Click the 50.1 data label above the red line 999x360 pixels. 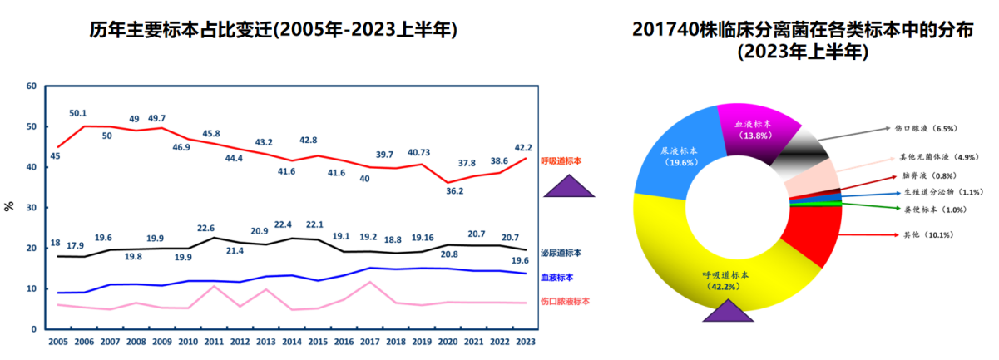point(78,113)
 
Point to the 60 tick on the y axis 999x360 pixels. point(32,86)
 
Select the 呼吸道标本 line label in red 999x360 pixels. point(561,160)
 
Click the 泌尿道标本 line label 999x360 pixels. point(561,253)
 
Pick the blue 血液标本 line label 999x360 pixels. point(556,278)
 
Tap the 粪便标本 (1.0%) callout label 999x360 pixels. point(931,210)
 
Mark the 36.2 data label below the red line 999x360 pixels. point(454,190)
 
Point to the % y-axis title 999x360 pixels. point(9,206)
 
